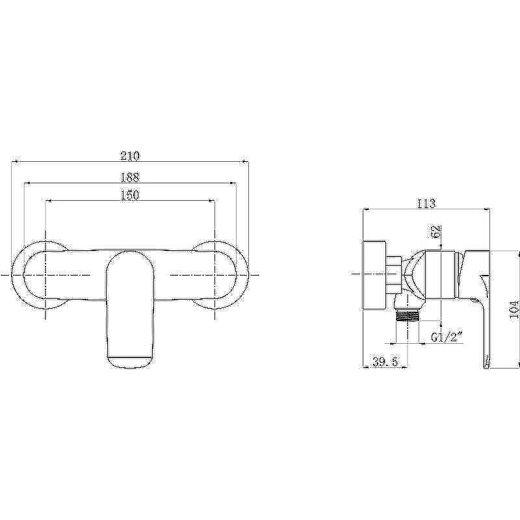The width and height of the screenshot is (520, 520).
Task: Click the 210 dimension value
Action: [130, 155]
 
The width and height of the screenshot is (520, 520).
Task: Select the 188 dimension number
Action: [129, 177]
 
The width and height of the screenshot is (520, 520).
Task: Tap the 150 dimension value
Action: [129, 194]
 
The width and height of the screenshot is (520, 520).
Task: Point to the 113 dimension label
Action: [426, 203]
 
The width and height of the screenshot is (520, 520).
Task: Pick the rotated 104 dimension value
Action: [513, 309]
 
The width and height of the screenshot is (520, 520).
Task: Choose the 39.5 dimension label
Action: [385, 362]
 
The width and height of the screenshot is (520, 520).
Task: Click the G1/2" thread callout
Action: [447, 337]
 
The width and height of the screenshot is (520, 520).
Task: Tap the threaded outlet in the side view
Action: [408, 316]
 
